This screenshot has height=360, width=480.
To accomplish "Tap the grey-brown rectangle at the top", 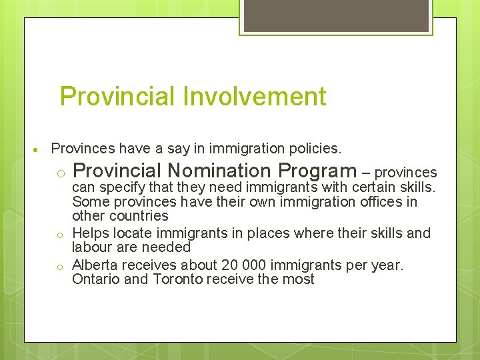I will point(336,15).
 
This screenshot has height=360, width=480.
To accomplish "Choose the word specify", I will point(124,187).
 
